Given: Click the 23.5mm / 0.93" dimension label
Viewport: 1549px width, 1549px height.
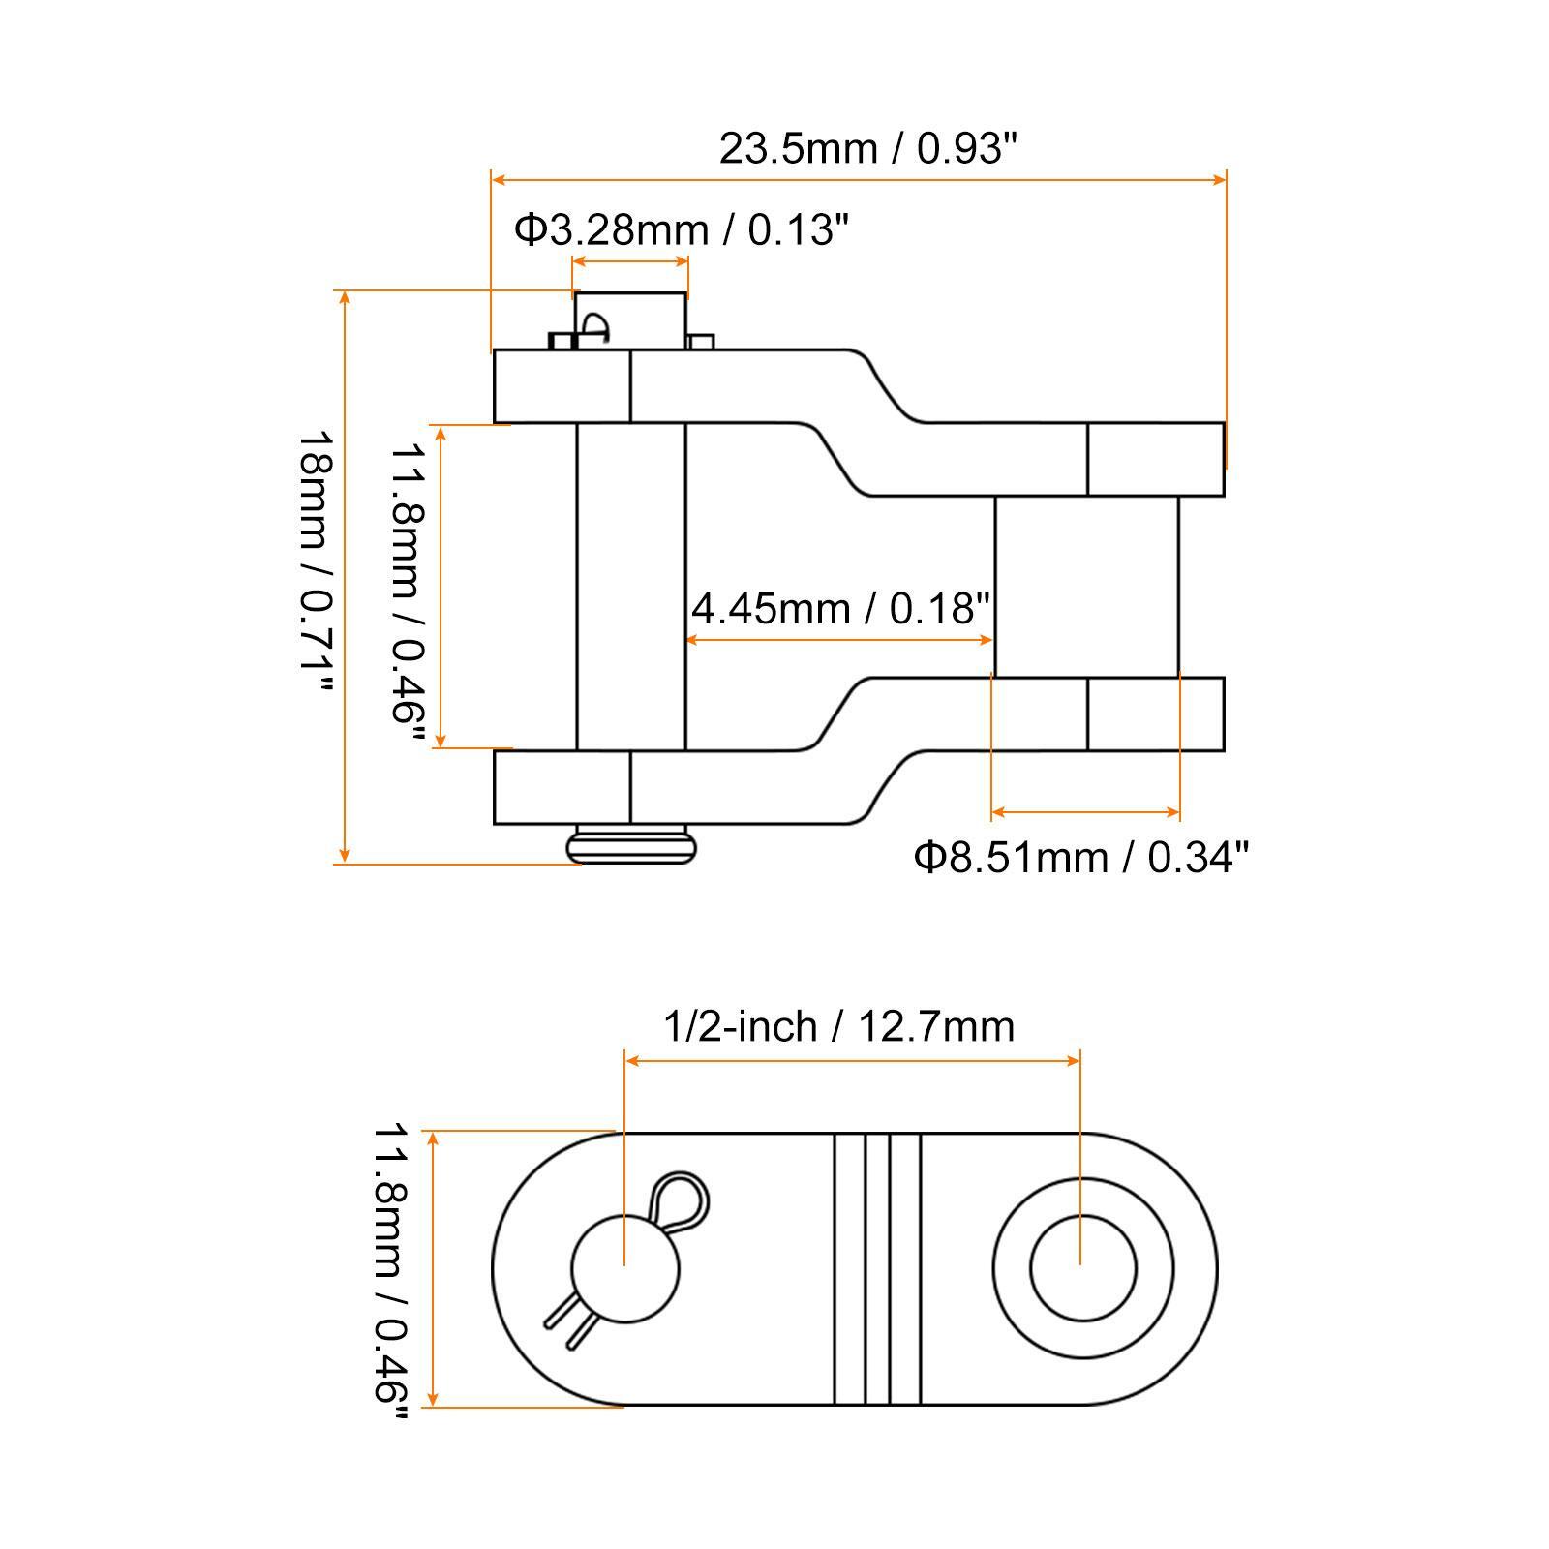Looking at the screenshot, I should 868,149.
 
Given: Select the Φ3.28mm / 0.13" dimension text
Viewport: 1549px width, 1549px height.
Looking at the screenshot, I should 681,229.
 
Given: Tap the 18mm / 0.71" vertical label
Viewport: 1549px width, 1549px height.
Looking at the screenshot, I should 316,562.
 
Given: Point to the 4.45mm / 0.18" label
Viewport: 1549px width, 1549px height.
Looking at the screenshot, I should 840,608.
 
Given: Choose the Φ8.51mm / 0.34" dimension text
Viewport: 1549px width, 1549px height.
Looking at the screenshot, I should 1081,857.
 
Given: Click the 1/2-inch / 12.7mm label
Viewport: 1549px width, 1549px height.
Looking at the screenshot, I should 838,1026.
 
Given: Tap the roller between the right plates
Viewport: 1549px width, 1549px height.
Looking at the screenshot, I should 1086,586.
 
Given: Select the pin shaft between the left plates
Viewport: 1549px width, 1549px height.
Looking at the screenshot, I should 630,586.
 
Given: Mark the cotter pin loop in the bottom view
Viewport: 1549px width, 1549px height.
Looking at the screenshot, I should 681,1199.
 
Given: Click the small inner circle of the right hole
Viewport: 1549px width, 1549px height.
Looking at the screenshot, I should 1082,1268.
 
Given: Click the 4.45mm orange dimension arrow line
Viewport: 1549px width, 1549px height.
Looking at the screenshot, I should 840,640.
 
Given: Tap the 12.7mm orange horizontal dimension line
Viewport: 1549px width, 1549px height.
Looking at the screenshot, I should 852,1061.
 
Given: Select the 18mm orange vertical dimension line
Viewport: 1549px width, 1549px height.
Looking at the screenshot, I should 345,576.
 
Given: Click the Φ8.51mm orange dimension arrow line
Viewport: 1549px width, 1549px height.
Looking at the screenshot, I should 1086,812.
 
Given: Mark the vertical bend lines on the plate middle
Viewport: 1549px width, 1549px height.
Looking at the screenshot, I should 877,1268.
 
